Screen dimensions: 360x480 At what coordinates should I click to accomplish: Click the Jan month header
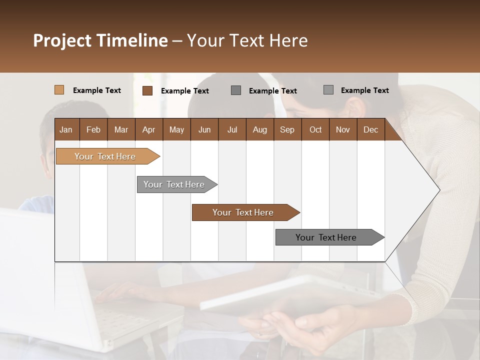(x=66, y=129)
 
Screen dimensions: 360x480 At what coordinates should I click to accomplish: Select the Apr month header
(x=148, y=129)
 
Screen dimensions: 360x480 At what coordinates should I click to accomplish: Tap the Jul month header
(x=232, y=129)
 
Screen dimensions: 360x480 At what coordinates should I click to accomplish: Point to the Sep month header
(x=287, y=129)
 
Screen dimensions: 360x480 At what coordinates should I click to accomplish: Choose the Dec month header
(x=370, y=129)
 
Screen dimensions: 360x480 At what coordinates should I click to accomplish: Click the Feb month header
(x=93, y=129)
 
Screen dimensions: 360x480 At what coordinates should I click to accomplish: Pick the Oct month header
(x=315, y=129)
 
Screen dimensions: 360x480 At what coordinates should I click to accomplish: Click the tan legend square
(x=59, y=90)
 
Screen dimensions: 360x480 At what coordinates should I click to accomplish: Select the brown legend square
(x=147, y=90)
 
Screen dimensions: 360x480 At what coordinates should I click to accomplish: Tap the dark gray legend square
(x=236, y=90)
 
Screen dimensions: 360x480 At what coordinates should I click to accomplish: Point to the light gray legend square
(x=328, y=90)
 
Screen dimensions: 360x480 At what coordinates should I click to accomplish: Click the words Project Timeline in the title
(x=100, y=40)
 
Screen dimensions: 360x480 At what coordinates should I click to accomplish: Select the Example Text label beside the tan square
(x=97, y=90)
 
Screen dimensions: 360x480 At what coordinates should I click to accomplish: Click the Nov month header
(x=343, y=129)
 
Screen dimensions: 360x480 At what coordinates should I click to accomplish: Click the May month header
(x=176, y=129)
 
